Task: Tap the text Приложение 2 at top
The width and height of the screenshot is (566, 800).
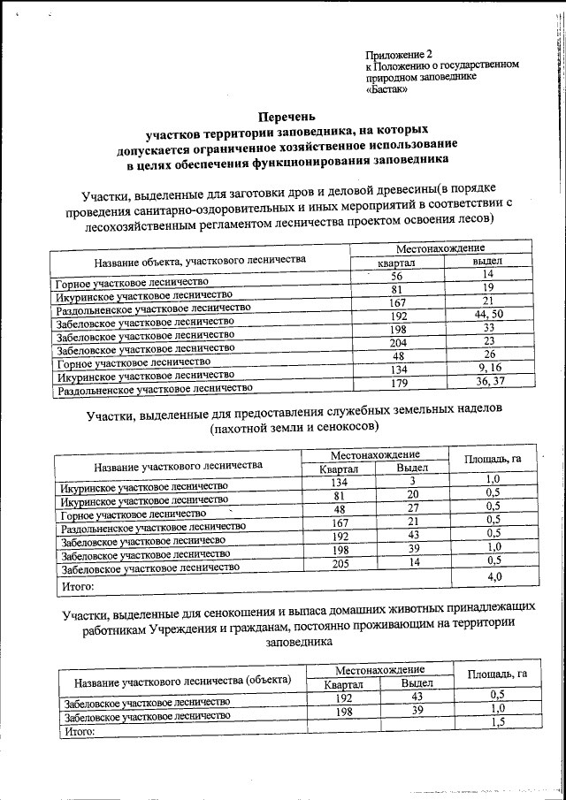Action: coord(399,54)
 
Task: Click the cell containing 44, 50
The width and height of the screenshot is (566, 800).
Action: coord(487,314)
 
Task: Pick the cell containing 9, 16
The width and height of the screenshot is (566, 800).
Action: coord(489,368)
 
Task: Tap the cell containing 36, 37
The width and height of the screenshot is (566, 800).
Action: coord(489,381)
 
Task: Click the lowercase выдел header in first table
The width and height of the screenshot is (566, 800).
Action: coord(487,263)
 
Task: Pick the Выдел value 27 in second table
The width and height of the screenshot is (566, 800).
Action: coord(412,507)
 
